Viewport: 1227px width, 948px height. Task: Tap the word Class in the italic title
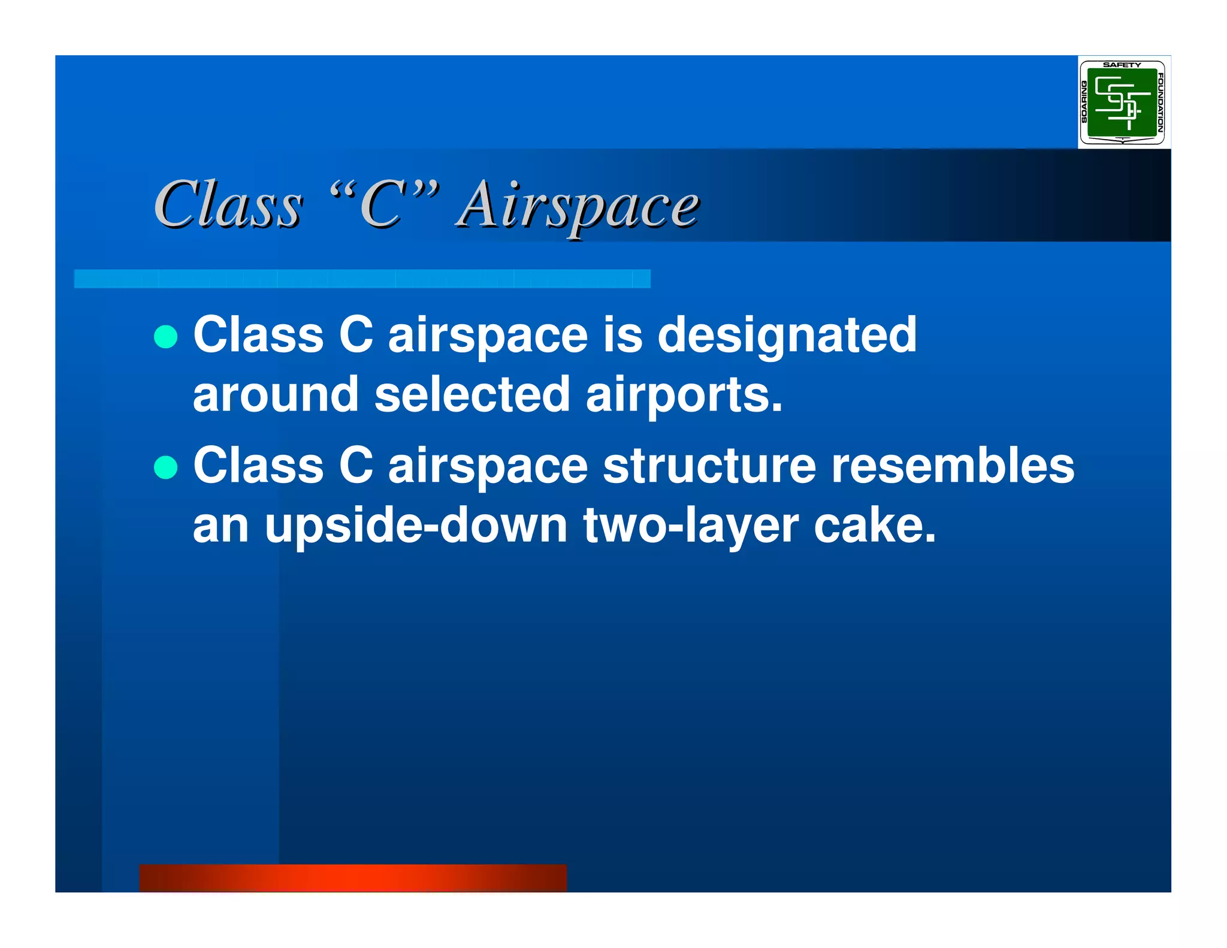228,206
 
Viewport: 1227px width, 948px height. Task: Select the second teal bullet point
166,467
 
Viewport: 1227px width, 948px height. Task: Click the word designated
787,336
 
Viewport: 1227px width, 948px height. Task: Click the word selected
472,395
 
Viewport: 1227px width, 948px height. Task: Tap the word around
276,395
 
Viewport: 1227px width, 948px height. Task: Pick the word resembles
953,466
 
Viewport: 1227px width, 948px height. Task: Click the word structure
709,466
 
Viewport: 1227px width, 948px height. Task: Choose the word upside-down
416,526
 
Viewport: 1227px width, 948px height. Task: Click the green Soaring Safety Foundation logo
1122,102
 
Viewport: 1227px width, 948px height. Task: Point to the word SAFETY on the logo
1122,65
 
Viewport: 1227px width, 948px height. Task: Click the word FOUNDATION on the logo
1160,102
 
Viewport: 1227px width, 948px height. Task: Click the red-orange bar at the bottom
353,877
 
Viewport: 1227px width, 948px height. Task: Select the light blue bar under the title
362,279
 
